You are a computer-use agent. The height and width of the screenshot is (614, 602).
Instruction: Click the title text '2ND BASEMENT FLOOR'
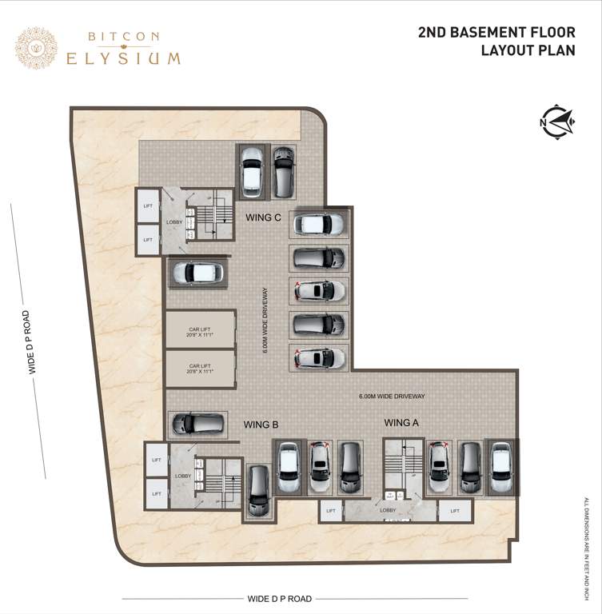point(496,33)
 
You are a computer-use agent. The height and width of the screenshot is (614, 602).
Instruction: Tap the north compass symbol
point(557,122)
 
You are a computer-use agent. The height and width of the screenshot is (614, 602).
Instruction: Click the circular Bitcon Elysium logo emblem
point(36,48)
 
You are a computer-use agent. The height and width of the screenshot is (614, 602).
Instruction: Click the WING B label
point(261,425)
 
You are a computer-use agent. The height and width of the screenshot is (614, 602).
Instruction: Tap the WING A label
point(401,422)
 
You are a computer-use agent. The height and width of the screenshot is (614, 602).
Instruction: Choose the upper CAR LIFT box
point(200,330)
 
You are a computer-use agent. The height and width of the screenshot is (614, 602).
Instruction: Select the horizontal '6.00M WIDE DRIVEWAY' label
point(392,396)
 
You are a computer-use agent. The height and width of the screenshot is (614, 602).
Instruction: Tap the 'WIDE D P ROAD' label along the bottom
point(279,598)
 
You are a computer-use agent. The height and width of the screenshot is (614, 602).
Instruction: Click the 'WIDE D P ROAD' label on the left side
point(30,342)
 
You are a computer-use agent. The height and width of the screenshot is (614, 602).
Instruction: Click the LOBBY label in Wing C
point(174,222)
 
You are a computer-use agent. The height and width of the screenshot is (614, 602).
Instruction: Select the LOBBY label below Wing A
point(388,509)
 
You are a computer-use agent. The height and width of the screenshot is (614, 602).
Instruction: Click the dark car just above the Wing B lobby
point(197,423)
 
